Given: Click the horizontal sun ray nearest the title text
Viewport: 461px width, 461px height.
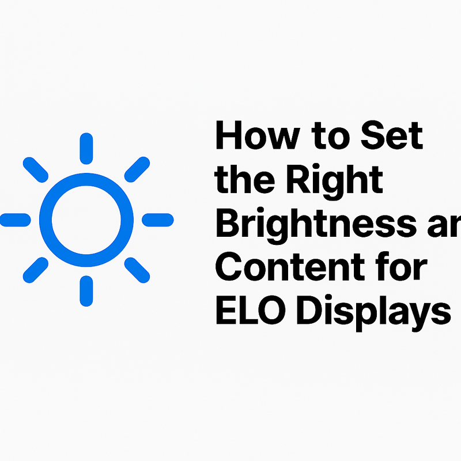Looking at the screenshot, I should tap(157, 219).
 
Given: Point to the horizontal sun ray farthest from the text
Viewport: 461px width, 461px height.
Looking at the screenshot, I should tap(14, 219).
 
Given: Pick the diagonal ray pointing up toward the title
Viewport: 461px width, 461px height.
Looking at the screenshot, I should tap(137, 168).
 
